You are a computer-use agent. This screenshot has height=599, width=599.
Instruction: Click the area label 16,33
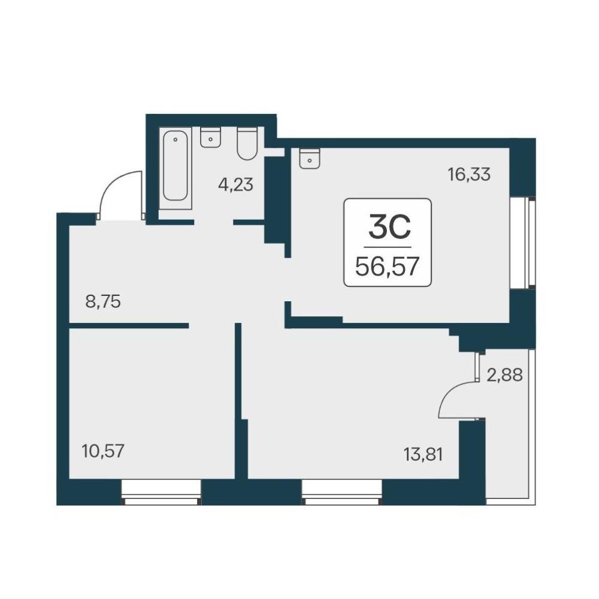(469, 174)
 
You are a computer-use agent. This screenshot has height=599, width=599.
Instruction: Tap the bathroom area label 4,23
(235, 185)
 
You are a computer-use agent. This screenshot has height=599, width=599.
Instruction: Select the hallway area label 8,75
(103, 302)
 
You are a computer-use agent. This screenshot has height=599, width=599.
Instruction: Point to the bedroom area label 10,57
(103, 451)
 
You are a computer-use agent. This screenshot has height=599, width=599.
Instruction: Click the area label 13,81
(423, 455)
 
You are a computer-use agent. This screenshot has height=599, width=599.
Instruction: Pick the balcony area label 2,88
(504, 375)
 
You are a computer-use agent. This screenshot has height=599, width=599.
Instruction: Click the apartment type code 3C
(389, 226)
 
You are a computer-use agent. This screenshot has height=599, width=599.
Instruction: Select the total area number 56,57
(388, 267)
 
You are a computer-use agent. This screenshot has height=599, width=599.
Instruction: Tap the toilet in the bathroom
(247, 143)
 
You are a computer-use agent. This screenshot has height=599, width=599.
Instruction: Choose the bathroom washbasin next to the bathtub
(211, 138)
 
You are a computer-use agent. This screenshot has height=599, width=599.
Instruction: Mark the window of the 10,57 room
(161, 492)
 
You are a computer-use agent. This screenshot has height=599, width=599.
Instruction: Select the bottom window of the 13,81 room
(341, 492)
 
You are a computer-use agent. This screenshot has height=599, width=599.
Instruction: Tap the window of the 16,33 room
(523, 243)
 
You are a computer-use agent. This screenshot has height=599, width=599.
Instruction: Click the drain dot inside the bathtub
(176, 140)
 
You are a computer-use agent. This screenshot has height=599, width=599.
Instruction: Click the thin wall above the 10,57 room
(129, 325)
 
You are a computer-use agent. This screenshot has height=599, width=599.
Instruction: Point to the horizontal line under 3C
(388, 247)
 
